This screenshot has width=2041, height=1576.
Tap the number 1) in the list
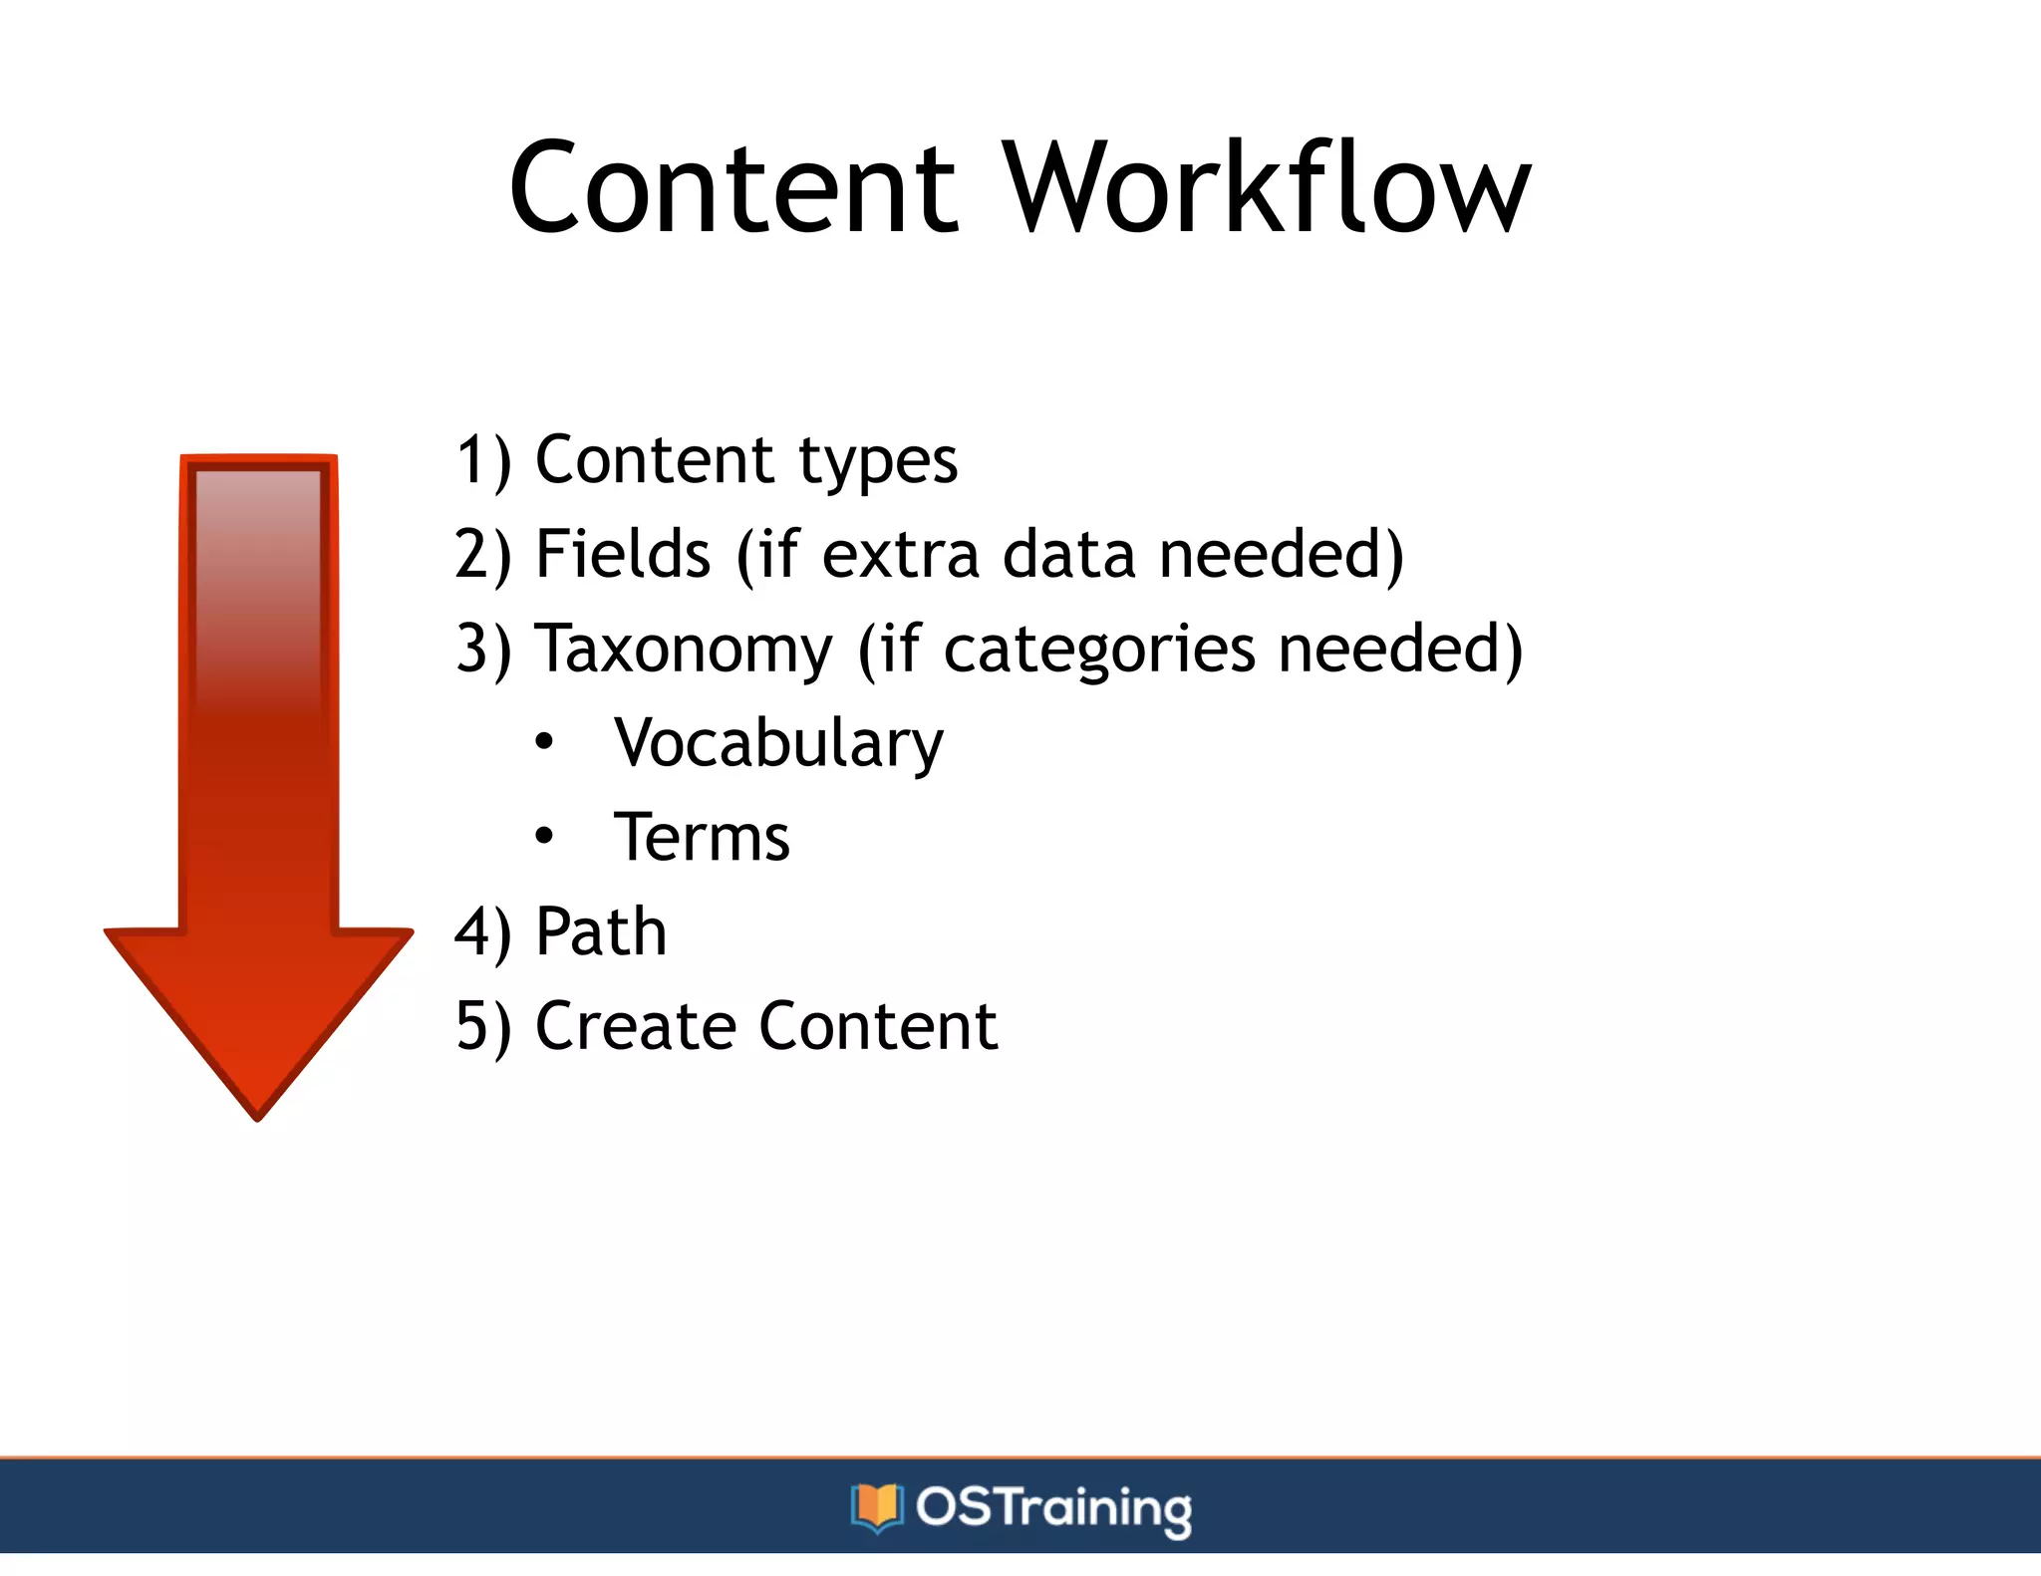click(x=483, y=461)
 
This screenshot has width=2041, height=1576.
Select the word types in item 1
click(x=877, y=461)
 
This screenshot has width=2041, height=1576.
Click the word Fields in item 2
click(x=623, y=554)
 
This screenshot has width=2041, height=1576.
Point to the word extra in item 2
click(x=900, y=556)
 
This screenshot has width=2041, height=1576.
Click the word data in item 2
click(x=1068, y=554)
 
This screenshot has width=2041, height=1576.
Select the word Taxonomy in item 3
click(x=684, y=650)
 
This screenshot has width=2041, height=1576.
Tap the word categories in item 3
click(x=1099, y=650)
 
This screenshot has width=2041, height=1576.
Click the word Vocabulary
click(x=778, y=744)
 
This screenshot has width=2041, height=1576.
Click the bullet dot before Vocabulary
click(x=543, y=742)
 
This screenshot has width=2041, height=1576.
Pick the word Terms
click(x=702, y=838)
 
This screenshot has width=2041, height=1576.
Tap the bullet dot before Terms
click(x=543, y=836)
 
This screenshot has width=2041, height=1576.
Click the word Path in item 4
click(x=601, y=932)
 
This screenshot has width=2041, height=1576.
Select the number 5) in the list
click(x=483, y=1026)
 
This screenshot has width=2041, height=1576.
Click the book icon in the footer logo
click(x=877, y=1507)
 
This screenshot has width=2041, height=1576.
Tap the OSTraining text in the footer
click(x=1053, y=1507)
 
